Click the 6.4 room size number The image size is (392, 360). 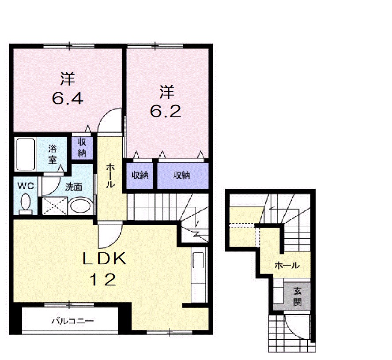[68, 99]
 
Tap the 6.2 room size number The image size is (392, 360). [166, 111]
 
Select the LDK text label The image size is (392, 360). [104, 259]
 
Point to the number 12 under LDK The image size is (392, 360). [102, 280]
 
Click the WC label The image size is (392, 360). [26, 186]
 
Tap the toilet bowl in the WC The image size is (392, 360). [25, 202]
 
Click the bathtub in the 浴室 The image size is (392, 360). [25, 154]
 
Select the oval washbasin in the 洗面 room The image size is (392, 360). [80, 206]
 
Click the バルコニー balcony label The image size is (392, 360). [72, 321]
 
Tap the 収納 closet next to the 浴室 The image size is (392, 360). [82, 148]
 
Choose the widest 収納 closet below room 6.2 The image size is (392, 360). [183, 176]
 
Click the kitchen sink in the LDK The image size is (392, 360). [198, 260]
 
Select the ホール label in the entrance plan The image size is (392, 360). [287, 265]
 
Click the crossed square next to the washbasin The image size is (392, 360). [55, 206]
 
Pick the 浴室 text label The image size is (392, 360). [53, 154]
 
